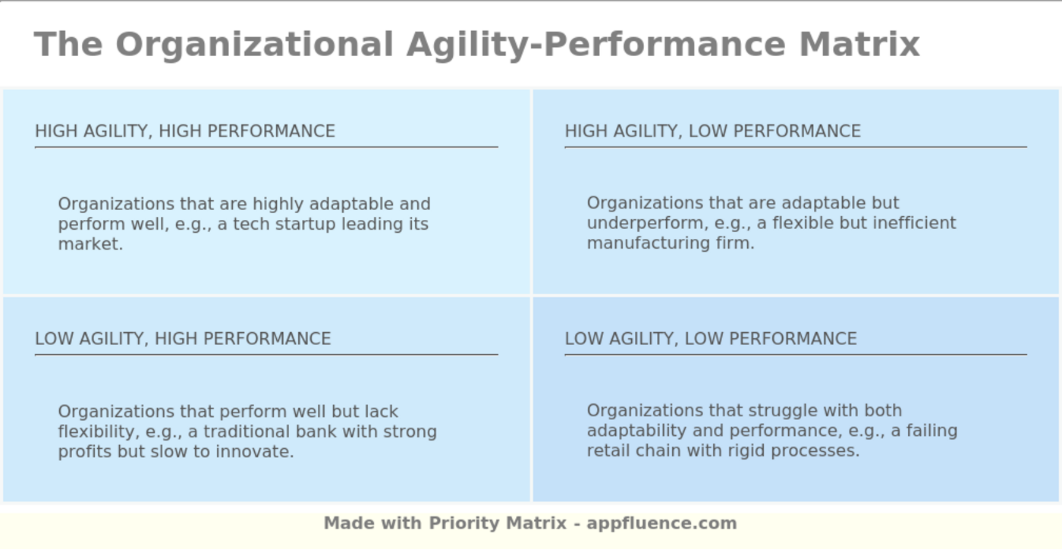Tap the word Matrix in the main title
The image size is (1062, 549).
pyautogui.click(x=859, y=44)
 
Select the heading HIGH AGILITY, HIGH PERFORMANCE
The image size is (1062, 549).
pyautogui.click(x=185, y=131)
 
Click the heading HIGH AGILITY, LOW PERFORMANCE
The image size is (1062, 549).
pyautogui.click(x=712, y=131)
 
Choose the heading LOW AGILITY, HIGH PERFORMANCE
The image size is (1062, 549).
pyautogui.click(x=183, y=339)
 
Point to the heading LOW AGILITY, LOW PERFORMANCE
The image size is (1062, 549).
pyautogui.click(x=711, y=339)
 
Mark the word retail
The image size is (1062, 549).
pyautogui.click(x=608, y=450)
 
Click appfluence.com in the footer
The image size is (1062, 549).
pyautogui.click(x=661, y=523)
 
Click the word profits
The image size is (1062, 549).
pyautogui.click(x=85, y=452)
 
